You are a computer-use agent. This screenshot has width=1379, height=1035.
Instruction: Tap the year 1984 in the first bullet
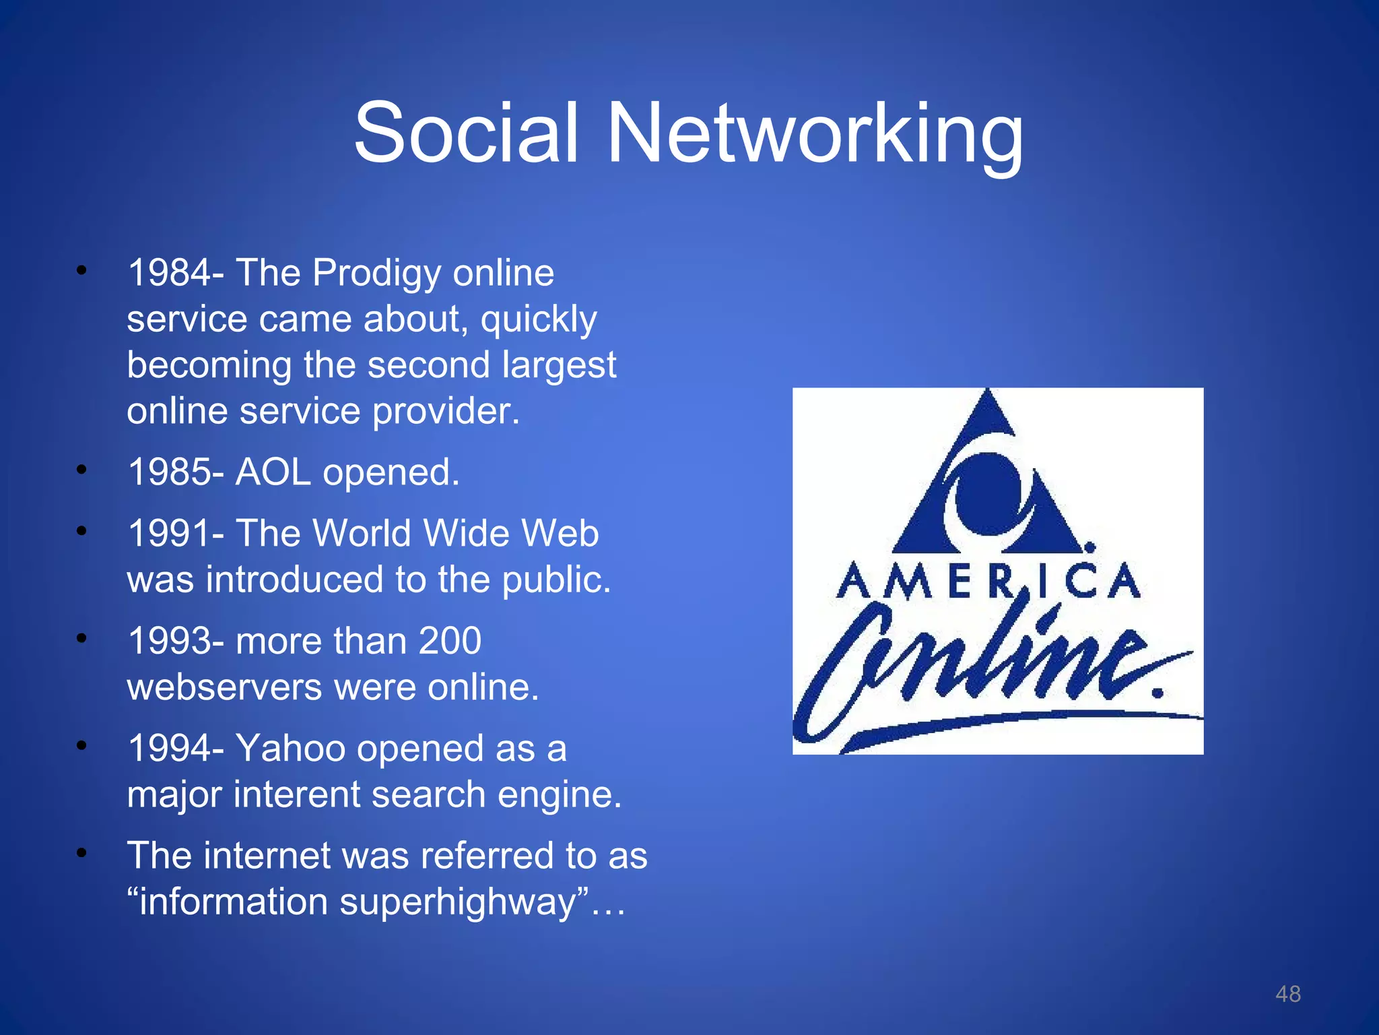169,273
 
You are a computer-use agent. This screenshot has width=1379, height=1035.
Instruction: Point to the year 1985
169,472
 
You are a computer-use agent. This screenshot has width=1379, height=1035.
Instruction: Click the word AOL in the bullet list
273,472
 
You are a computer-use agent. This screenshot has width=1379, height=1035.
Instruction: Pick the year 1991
169,533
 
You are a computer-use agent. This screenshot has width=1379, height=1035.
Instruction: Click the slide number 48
1288,994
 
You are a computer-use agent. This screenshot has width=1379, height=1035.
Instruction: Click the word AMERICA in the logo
988,581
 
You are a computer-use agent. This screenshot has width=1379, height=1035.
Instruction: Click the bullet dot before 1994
81,745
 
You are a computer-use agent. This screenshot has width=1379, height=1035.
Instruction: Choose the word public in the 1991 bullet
556,579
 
